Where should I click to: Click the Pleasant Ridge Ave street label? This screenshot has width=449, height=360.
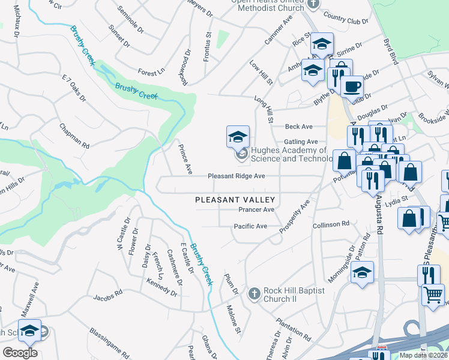coord(236,176)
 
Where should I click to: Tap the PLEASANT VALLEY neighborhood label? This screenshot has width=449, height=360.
coord(235,200)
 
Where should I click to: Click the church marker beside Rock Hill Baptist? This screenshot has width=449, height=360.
coord(255,294)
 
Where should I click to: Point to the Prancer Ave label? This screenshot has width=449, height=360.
coord(256,209)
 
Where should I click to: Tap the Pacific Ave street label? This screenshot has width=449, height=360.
coord(250,226)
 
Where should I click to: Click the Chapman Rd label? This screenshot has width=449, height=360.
coord(74,136)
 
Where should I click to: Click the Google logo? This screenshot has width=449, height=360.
coord(20,353)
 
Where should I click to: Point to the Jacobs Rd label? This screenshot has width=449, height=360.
coord(108,296)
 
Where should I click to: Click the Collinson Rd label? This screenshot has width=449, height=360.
coord(331,224)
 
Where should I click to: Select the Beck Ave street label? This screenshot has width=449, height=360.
coord(299,127)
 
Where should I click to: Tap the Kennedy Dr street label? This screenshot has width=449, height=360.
coord(161,287)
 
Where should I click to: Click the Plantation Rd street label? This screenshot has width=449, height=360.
coord(293,329)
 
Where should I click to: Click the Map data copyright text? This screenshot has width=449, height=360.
coord(423,355)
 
